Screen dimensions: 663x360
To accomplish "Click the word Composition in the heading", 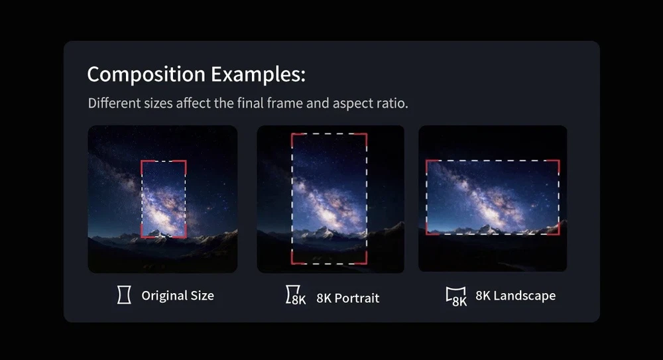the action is coord(147,74).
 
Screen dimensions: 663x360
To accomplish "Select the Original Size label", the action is coord(178,295).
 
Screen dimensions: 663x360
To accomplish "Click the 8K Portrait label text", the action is coord(347,298).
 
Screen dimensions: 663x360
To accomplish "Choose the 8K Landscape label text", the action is coord(515,295).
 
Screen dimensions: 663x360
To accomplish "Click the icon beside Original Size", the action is coord(124,295).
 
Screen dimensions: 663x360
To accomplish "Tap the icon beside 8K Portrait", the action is coord(296,295).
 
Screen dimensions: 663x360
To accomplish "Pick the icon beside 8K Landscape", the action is coord(456,296).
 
